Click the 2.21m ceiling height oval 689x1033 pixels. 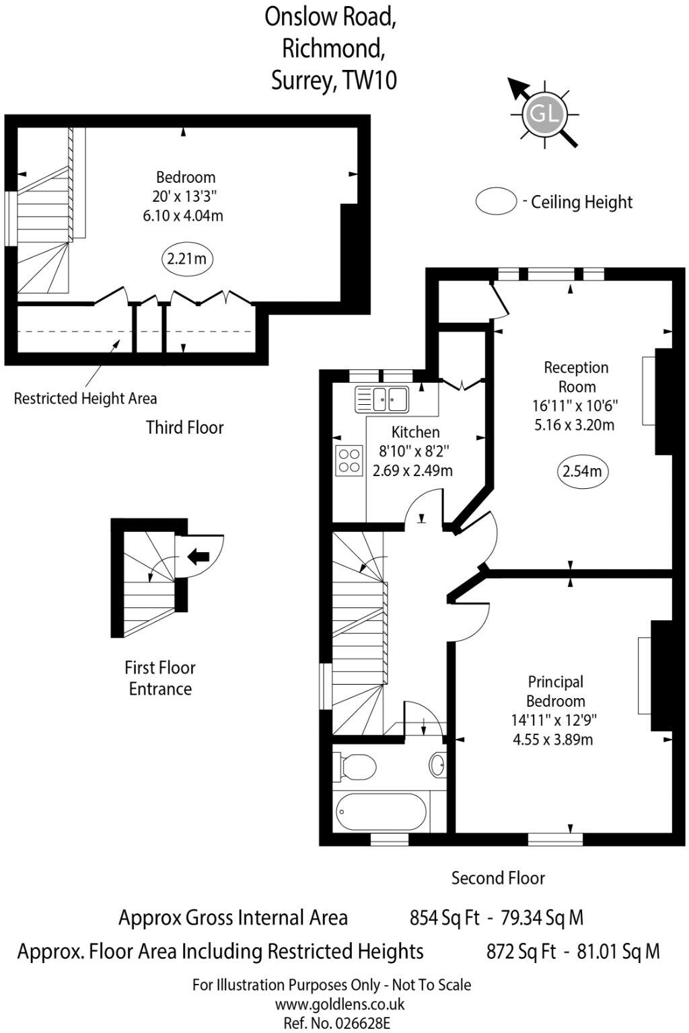coord(186,259)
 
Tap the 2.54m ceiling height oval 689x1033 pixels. coord(582,471)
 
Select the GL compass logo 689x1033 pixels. coord(544,113)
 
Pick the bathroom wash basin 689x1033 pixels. coord(437,764)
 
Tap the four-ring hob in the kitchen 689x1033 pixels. coord(349,461)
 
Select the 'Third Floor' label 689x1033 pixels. coord(185,428)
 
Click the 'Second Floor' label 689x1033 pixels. coord(498,878)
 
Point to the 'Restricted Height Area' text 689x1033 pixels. coord(85,399)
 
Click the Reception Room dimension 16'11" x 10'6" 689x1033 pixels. coord(575,406)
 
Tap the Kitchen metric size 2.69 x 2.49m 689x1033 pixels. coord(412,471)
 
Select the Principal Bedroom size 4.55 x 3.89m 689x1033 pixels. coord(553,740)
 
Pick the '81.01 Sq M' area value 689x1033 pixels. coord(618,952)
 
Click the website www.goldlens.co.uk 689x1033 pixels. coord(340,1004)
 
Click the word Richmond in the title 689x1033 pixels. coord(334,48)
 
